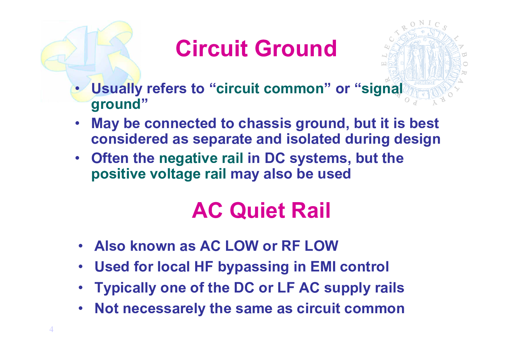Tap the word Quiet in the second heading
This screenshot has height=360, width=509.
258,210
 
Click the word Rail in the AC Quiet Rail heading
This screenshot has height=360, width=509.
311,210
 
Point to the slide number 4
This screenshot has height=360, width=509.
52,329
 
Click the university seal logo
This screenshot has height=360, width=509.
424,63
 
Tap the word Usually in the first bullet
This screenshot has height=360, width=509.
117,89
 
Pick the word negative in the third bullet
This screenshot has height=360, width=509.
188,159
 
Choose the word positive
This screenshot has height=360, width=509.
118,174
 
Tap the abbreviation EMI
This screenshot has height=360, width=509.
323,267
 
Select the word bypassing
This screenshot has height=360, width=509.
253,267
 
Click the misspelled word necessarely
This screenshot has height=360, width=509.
164,309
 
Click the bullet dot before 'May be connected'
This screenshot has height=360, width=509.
78,124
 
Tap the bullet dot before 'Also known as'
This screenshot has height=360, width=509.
81,246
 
